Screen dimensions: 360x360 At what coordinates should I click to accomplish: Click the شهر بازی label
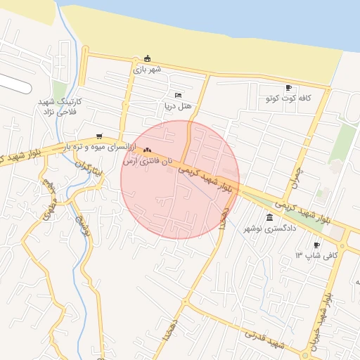pos(147,69)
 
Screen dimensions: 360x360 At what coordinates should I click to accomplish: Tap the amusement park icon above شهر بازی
pos(147,58)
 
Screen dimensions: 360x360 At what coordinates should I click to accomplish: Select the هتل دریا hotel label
pos(178,106)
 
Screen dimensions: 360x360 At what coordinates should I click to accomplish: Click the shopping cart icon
pos(98,136)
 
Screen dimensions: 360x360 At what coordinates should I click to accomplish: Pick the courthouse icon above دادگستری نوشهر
pos(271,217)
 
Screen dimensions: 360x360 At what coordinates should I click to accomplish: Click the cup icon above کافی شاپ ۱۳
pos(317,244)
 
